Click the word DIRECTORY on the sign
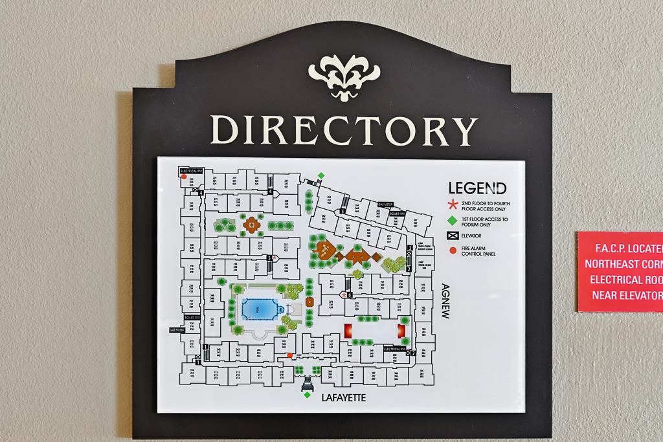[x=344, y=130]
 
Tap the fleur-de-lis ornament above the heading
[x=344, y=76]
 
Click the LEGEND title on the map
[x=478, y=188]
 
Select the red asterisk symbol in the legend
[x=453, y=204]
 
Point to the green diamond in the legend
[x=452, y=221]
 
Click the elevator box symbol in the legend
[x=453, y=236]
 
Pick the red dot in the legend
[x=453, y=250]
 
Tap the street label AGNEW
[x=445, y=302]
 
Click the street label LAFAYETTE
[x=343, y=397]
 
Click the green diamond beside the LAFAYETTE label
[x=307, y=395]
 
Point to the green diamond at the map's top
[x=321, y=175]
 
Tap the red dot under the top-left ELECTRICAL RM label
[x=184, y=177]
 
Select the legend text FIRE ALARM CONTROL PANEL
[x=480, y=251]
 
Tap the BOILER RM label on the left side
[x=192, y=318]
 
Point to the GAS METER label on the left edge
[x=177, y=329]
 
